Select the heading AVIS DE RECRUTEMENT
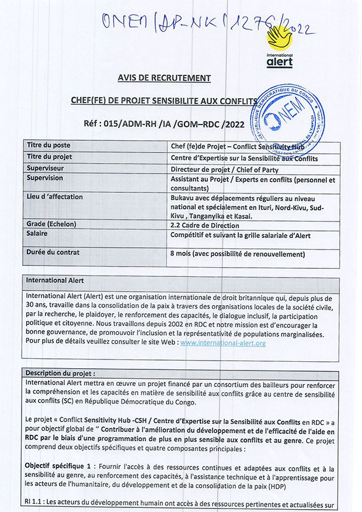(164, 78)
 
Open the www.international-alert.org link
(223, 343)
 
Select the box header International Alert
(55, 281)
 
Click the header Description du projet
(61, 373)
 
